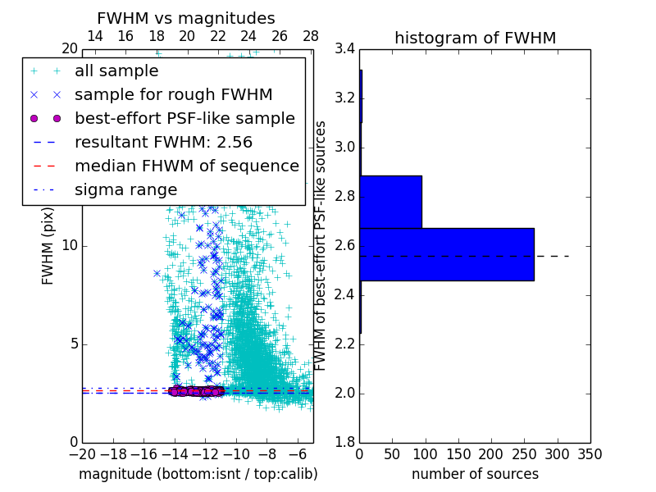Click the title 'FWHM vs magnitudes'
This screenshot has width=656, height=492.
pyautogui.click(x=185, y=18)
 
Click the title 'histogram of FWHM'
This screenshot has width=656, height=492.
pyautogui.click(x=475, y=38)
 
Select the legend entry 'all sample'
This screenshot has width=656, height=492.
pyautogui.click(x=116, y=71)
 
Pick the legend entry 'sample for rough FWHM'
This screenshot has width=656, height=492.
pyautogui.click(x=173, y=95)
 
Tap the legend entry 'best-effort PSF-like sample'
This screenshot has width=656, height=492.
pyautogui.click(x=184, y=119)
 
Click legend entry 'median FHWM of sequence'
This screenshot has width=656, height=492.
pyautogui.click(x=186, y=166)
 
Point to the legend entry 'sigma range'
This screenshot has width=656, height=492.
pyautogui.click(x=125, y=189)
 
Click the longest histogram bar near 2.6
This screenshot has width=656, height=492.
pyautogui.click(x=446, y=254)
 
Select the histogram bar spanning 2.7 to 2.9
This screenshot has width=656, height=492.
pyautogui.click(x=390, y=202)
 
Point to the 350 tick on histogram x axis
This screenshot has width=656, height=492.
pyautogui.click(x=590, y=454)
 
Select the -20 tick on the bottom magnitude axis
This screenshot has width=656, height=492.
pyautogui.click(x=82, y=454)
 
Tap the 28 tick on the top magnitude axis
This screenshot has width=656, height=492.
pyautogui.click(x=311, y=36)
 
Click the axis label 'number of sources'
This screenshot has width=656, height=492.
pyautogui.click(x=475, y=474)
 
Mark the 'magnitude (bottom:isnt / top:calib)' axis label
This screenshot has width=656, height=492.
pyautogui.click(x=198, y=474)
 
